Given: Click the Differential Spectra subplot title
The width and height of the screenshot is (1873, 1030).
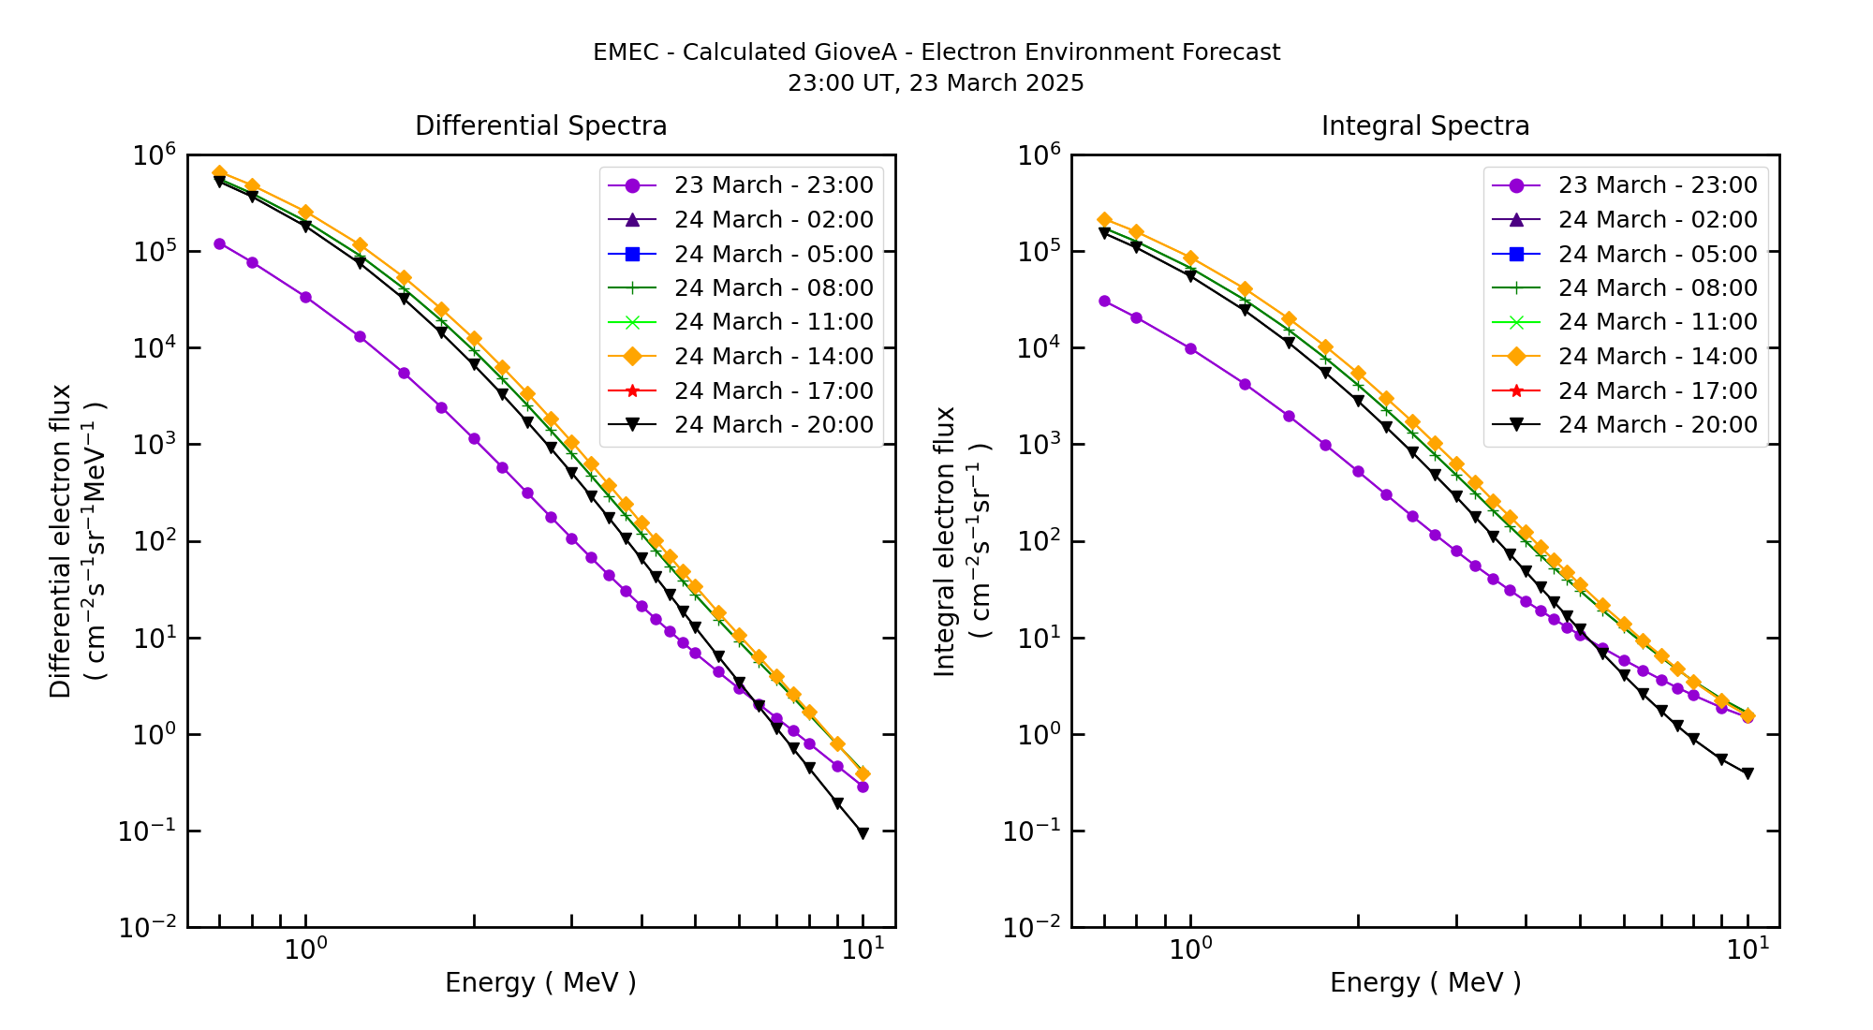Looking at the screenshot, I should (540, 125).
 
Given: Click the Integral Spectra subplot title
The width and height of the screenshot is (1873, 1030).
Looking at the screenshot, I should (1424, 125).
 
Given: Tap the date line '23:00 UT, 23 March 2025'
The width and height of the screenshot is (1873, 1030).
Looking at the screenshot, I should (936, 83).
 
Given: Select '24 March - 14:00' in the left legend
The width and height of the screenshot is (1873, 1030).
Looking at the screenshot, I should (773, 357).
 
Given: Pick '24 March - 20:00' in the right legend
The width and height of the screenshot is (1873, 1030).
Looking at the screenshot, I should (1657, 425).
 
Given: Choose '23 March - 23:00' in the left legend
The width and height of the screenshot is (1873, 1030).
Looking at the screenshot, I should (773, 185).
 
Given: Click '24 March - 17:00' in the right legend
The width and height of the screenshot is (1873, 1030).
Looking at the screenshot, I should (1657, 390).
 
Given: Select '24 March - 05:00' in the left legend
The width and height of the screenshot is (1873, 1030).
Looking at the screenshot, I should (773, 254).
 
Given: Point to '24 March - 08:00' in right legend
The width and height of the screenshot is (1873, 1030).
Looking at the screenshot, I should (1657, 288).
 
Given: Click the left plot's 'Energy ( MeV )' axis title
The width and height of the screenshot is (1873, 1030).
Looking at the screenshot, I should (540, 982).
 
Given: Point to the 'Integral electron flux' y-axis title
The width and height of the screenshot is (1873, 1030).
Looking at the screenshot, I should (945, 541).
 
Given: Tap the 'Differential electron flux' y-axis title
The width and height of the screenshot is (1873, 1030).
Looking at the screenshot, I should (61, 541).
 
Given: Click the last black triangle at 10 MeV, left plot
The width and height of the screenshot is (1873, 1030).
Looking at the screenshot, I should (863, 833).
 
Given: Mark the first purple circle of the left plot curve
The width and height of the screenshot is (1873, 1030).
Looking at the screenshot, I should (219, 243).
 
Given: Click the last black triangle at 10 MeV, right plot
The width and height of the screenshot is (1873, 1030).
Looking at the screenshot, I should (1748, 773).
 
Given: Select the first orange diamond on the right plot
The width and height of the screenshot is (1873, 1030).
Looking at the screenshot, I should (1104, 219).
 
